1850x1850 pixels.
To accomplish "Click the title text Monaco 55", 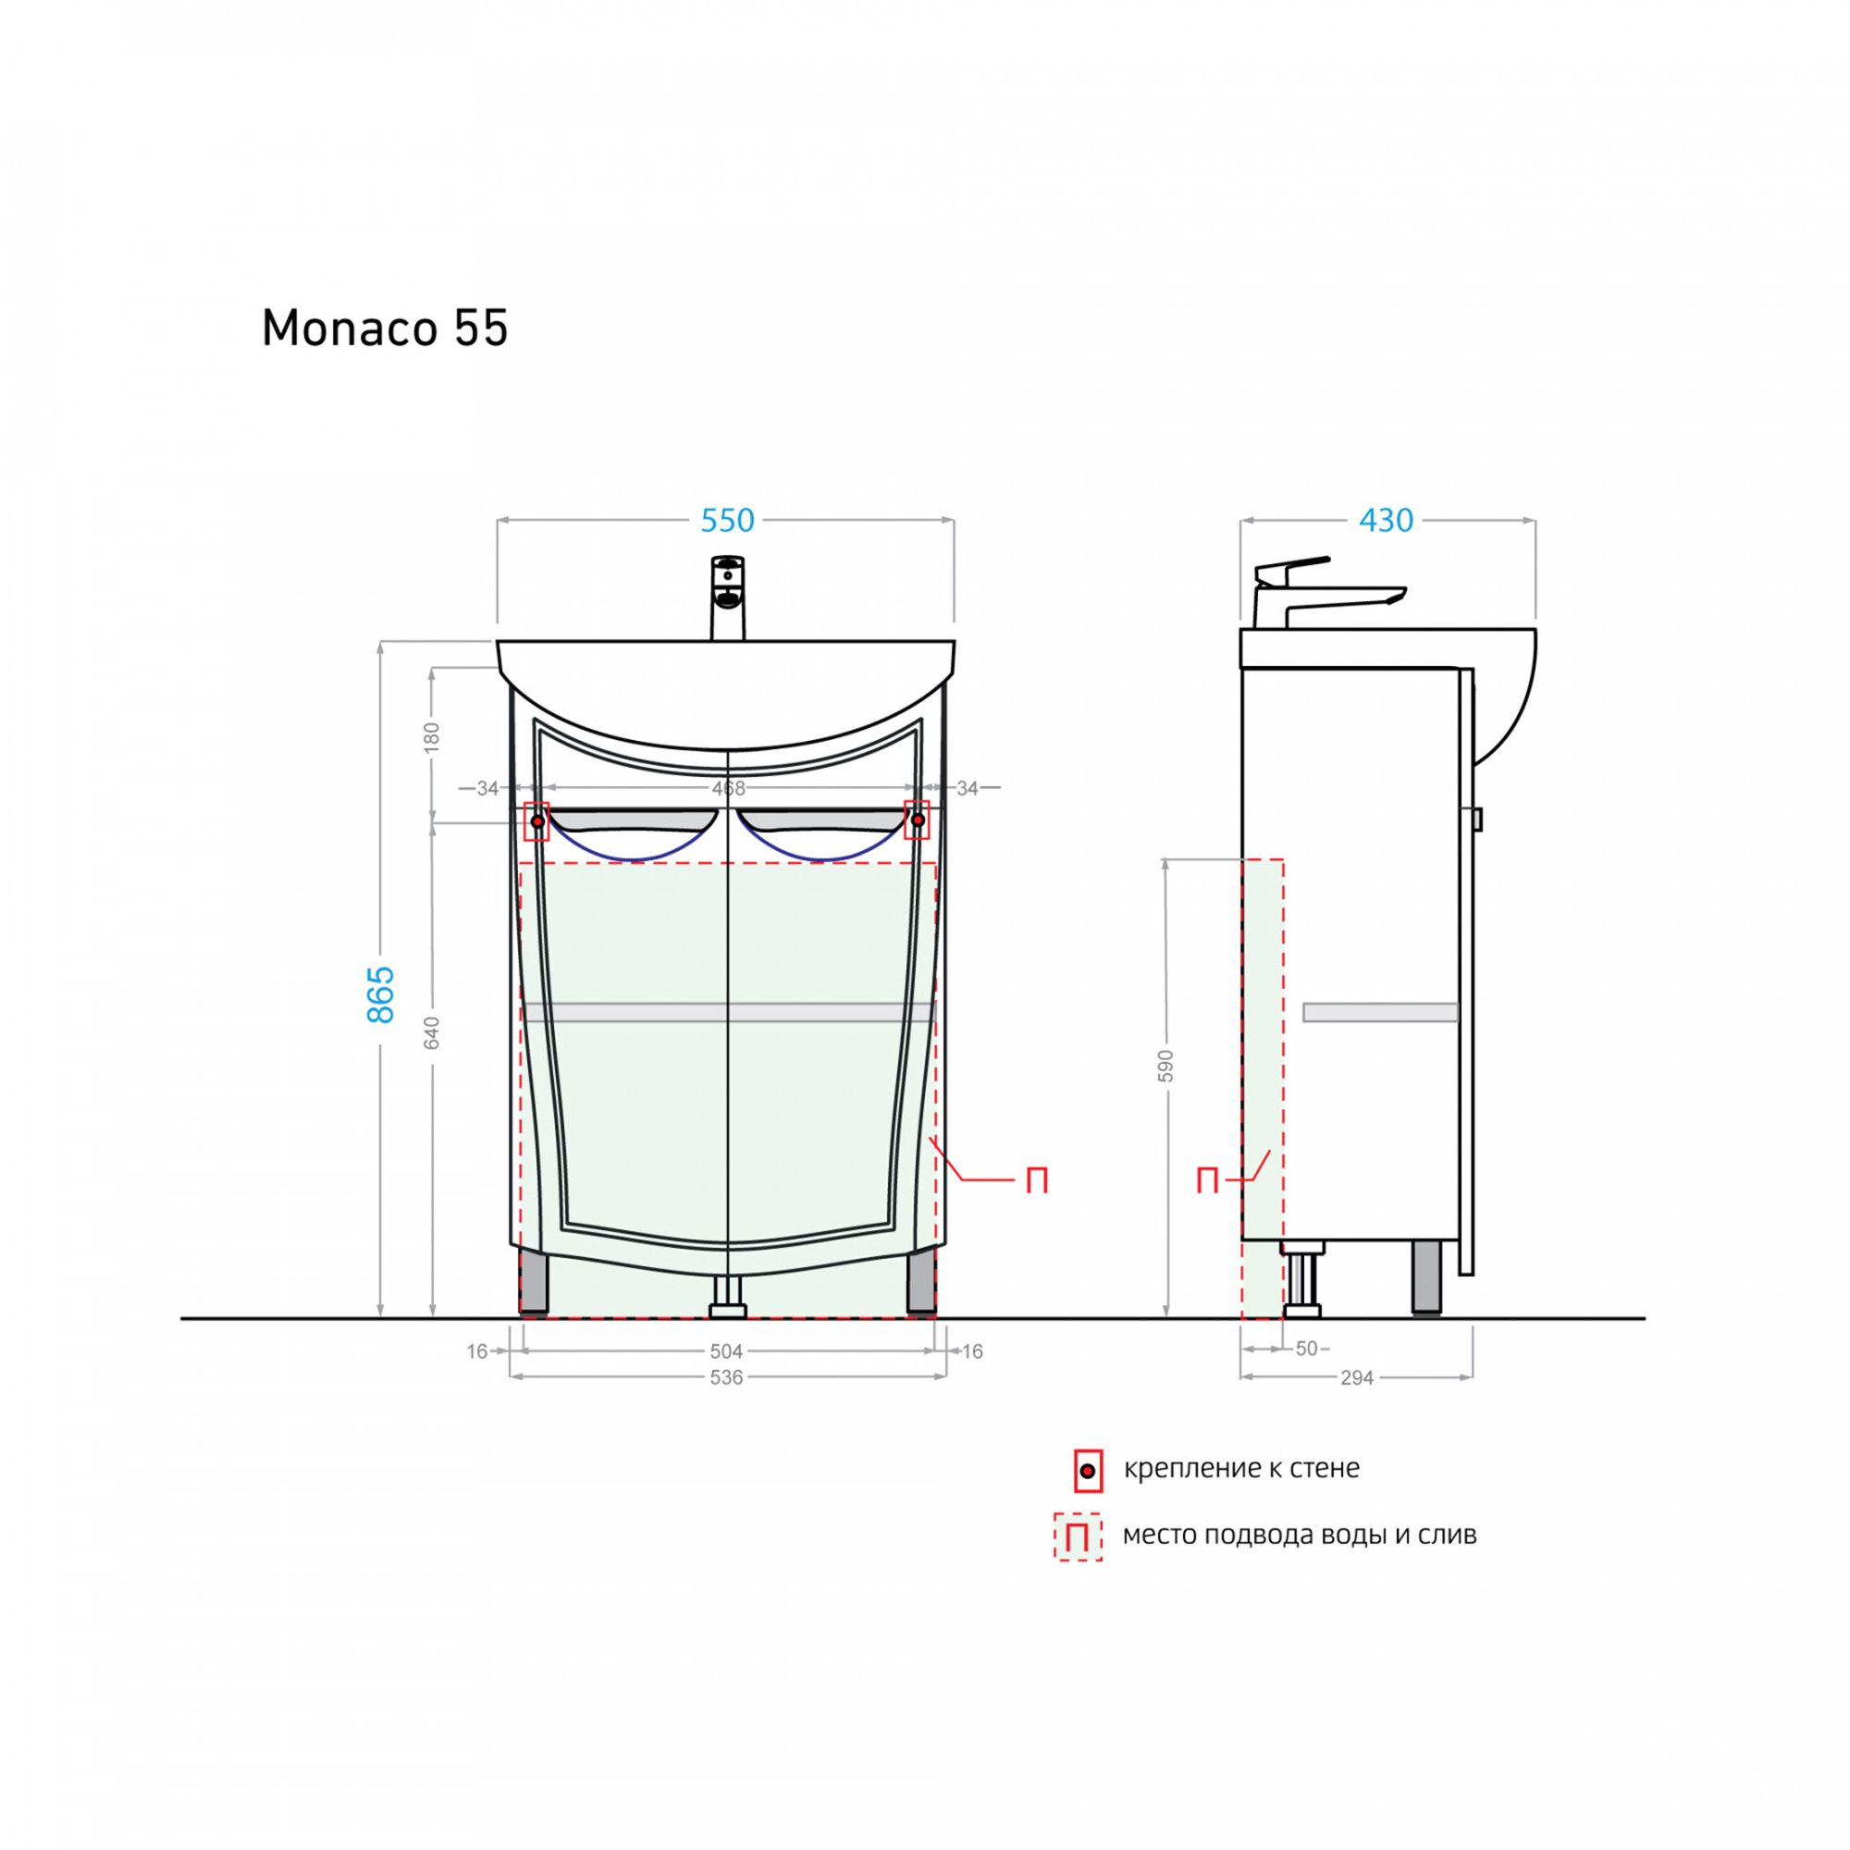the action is pos(385,328).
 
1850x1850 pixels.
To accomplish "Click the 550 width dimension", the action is pos(728,520).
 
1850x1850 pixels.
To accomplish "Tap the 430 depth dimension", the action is pos(1387,520).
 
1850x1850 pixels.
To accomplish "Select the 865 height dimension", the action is pos(381,994).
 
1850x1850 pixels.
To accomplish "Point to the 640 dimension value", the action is pos(432,1033).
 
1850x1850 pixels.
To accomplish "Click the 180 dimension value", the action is pos(432,735).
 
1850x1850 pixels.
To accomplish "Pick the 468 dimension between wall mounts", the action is pos(729,788).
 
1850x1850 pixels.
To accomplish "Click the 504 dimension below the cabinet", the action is pos(727,1351).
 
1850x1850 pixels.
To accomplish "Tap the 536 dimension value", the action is pos(727,1377).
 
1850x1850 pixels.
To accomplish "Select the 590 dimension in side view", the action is pos(1165,1066).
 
